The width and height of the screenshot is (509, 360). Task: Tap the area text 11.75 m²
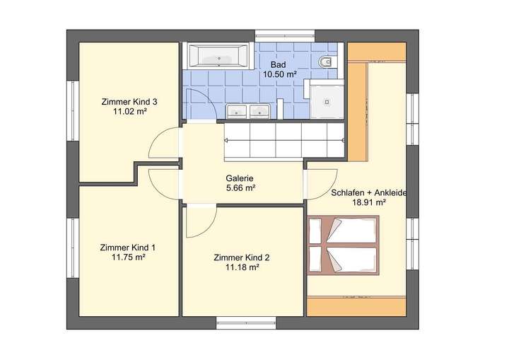(129, 257)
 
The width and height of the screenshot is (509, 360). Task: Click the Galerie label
(240, 178)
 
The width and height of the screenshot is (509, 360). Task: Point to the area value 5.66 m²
(240, 188)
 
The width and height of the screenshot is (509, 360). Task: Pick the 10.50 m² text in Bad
(279, 74)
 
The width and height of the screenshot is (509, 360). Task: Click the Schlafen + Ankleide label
(368, 192)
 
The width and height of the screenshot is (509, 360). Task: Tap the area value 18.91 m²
(368, 202)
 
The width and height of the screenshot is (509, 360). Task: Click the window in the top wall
(285, 34)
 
